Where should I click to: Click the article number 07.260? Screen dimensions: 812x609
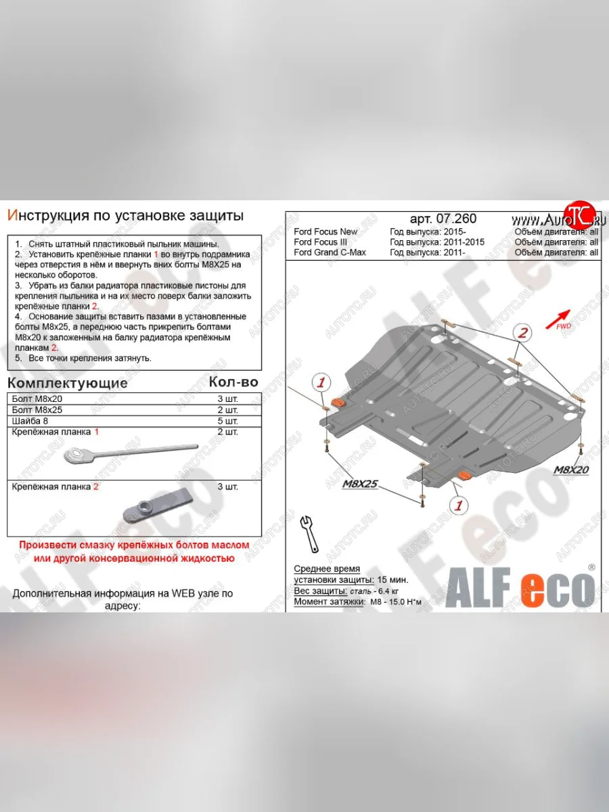pos(443,219)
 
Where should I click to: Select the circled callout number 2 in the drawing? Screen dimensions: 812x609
pos(523,332)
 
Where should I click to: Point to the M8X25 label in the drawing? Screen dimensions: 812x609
pos(359,483)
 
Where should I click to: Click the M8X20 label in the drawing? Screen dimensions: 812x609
pos(571,468)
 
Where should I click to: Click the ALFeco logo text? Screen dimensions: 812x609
pos(520,589)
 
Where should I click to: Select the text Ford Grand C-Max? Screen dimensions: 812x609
pos(330,252)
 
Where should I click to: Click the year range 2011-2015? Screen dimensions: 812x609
pos(461,242)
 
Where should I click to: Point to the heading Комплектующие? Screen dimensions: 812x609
pos(68,383)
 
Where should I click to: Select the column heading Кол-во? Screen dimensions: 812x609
pos(233,382)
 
